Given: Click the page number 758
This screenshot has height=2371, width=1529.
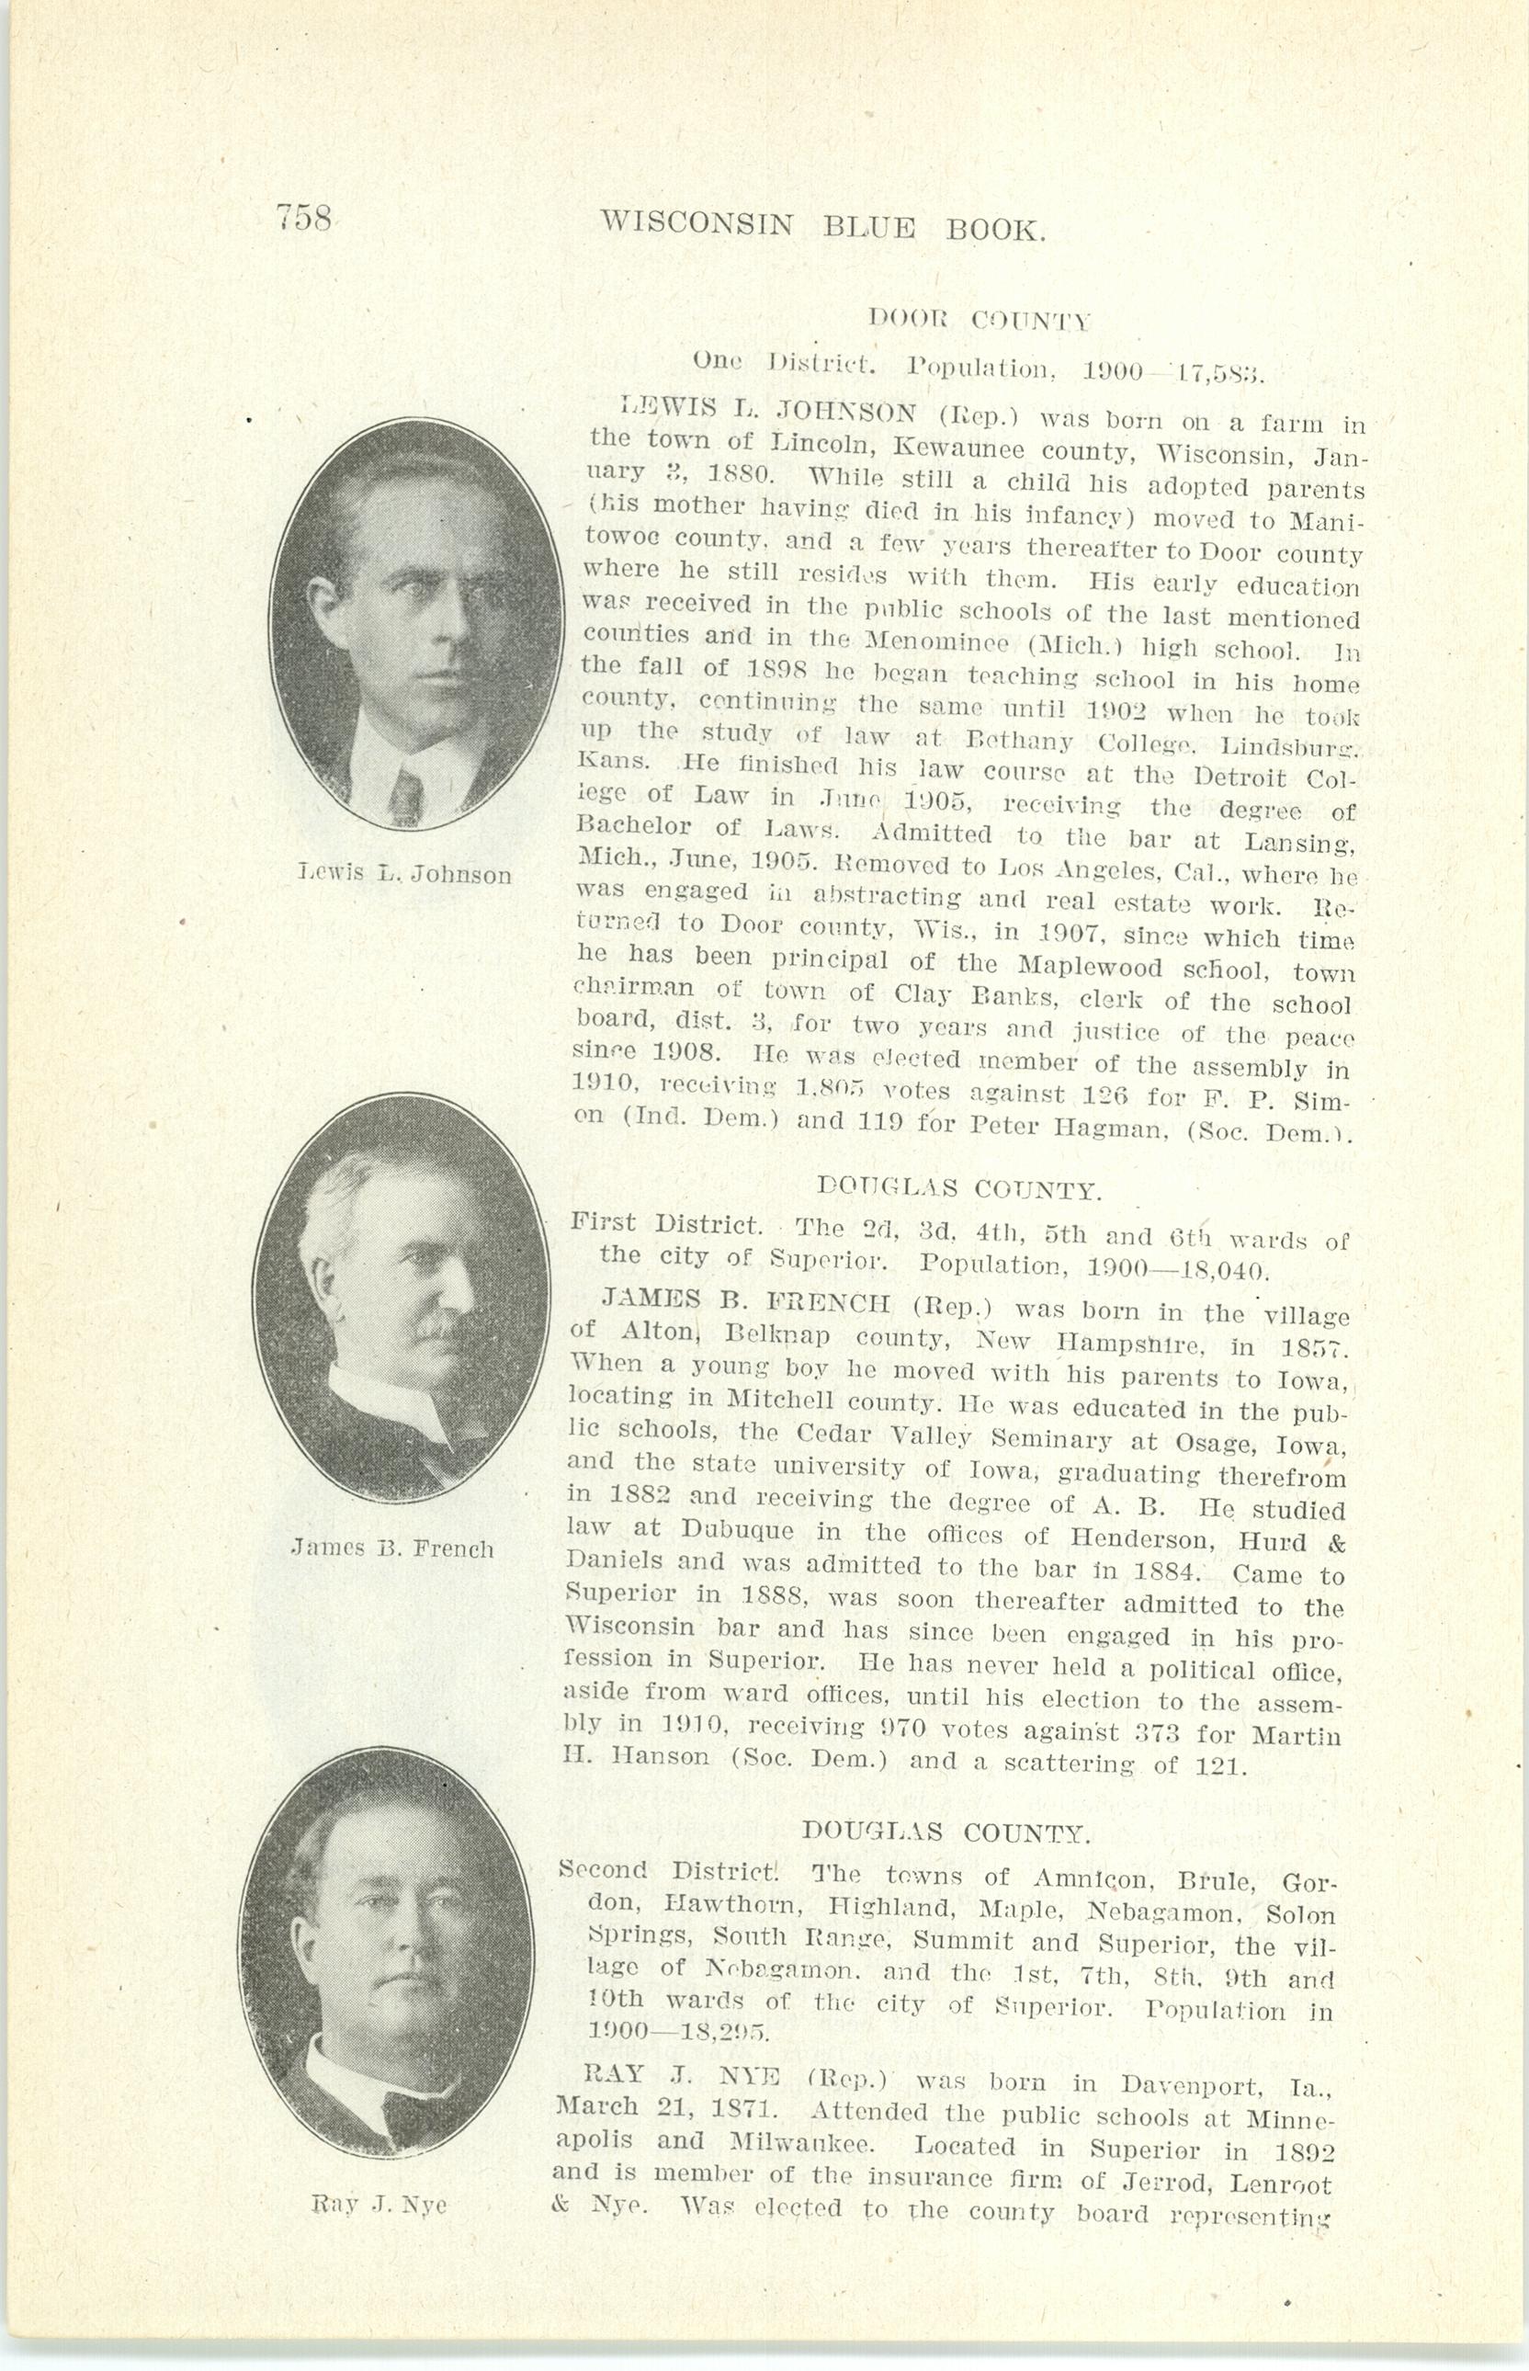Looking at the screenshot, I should pyautogui.click(x=304, y=217).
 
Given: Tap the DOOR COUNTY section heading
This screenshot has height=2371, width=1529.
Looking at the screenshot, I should pyautogui.click(x=979, y=320).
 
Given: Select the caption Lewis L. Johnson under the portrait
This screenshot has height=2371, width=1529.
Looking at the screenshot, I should pyautogui.click(x=405, y=874).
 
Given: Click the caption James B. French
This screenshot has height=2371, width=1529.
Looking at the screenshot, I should pyautogui.click(x=392, y=1548).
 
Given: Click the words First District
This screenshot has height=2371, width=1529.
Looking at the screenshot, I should pyautogui.click(x=665, y=1224).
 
